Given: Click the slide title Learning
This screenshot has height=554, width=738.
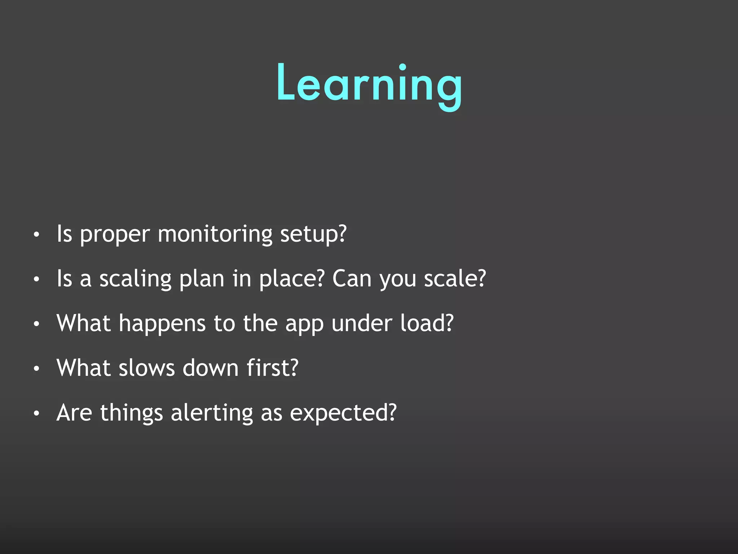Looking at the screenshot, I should click(369, 84).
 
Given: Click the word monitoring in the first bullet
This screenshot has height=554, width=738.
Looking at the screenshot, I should click(215, 234).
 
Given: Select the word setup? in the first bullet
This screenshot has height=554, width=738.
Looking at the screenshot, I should click(313, 234).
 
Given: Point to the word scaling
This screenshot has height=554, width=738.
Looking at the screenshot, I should click(135, 280).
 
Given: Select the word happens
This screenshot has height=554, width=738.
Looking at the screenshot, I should click(162, 324).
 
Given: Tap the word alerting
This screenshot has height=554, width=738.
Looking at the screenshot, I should click(212, 413).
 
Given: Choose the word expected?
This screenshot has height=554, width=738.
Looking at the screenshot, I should click(343, 413).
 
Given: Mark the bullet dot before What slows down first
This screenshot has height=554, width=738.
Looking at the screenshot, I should click(36, 369).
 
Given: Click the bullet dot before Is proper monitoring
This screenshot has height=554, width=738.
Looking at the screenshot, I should click(36, 235).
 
